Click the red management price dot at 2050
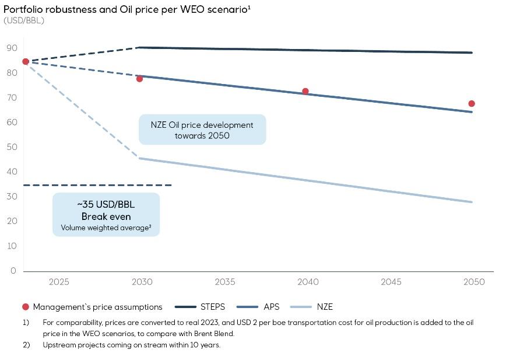tap(472, 104)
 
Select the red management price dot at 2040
tap(305, 92)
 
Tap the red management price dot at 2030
tap(139, 79)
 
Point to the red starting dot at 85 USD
tap(26, 61)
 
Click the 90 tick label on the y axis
tap(12, 48)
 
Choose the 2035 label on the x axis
tap(225, 282)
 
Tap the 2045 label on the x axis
tap(391, 282)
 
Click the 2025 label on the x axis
tap(59, 282)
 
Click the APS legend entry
tap(272, 307)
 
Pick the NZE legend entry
tap(325, 307)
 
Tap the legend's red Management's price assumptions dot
tap(25, 307)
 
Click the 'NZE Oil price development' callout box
tap(202, 130)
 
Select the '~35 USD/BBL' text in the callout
tap(106, 205)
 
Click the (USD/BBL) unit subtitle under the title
tap(24, 20)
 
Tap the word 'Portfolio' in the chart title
tap(22, 9)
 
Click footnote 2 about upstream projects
tap(131, 344)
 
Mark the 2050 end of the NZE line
tap(471, 202)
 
